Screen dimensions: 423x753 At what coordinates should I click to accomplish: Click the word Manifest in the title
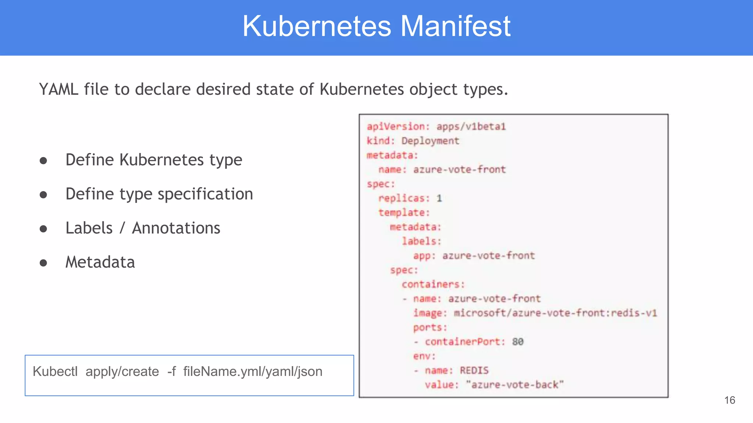pos(455,26)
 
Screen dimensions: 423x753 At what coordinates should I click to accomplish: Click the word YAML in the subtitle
pos(58,89)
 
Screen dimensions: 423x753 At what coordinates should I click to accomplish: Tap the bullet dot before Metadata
pos(43,263)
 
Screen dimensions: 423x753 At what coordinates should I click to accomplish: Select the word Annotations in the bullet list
pos(176,228)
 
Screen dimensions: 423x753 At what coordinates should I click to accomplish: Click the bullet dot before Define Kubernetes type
pos(43,160)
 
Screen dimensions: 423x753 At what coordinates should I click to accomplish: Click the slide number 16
pos(729,400)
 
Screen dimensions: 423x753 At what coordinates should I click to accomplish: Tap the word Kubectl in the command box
pos(55,372)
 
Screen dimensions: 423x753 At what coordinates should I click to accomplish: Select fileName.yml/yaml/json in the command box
pos(253,372)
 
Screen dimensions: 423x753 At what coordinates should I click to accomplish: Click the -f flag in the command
pos(171,372)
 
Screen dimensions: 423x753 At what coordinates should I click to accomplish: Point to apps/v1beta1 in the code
pos(471,127)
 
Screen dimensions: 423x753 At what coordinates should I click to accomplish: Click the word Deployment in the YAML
pos(430,141)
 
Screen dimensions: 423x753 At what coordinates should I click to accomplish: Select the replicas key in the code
pos(403,198)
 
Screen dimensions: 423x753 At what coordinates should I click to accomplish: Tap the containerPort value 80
pos(518,342)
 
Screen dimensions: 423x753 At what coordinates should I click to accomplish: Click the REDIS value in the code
pos(474,370)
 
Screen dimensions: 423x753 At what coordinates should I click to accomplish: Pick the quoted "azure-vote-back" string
pos(514,385)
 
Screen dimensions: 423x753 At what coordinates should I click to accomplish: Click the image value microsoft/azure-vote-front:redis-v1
pos(555,313)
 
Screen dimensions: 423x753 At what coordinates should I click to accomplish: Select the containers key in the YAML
pos(433,284)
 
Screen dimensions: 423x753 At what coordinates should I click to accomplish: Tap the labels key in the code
pos(421,241)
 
